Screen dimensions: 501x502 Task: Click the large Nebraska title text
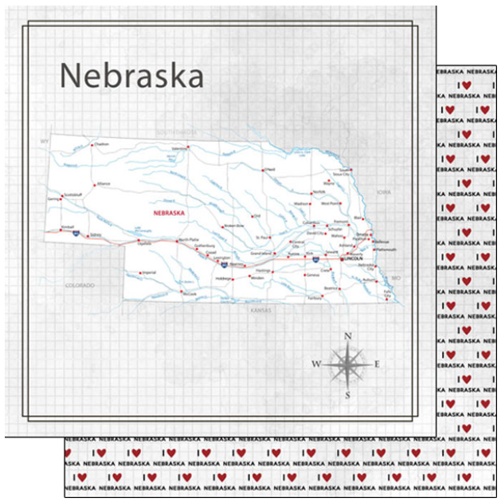pyautogui.click(x=131, y=76)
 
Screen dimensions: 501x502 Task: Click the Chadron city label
pyautogui.click(x=101, y=144)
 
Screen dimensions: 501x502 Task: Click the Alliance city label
pyautogui.click(x=103, y=183)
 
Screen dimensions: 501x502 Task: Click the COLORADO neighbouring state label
pyautogui.click(x=80, y=284)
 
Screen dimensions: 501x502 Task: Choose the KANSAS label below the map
pyautogui.click(x=260, y=308)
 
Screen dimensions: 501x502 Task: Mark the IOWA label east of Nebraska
pyautogui.click(x=385, y=192)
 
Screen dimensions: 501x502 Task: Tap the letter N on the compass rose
pyautogui.click(x=347, y=336)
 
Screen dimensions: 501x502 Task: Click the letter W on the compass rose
pyautogui.click(x=316, y=364)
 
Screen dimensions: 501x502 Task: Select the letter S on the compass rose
pyautogui.click(x=347, y=394)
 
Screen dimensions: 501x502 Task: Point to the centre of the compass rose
pyautogui.click(x=347, y=364)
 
